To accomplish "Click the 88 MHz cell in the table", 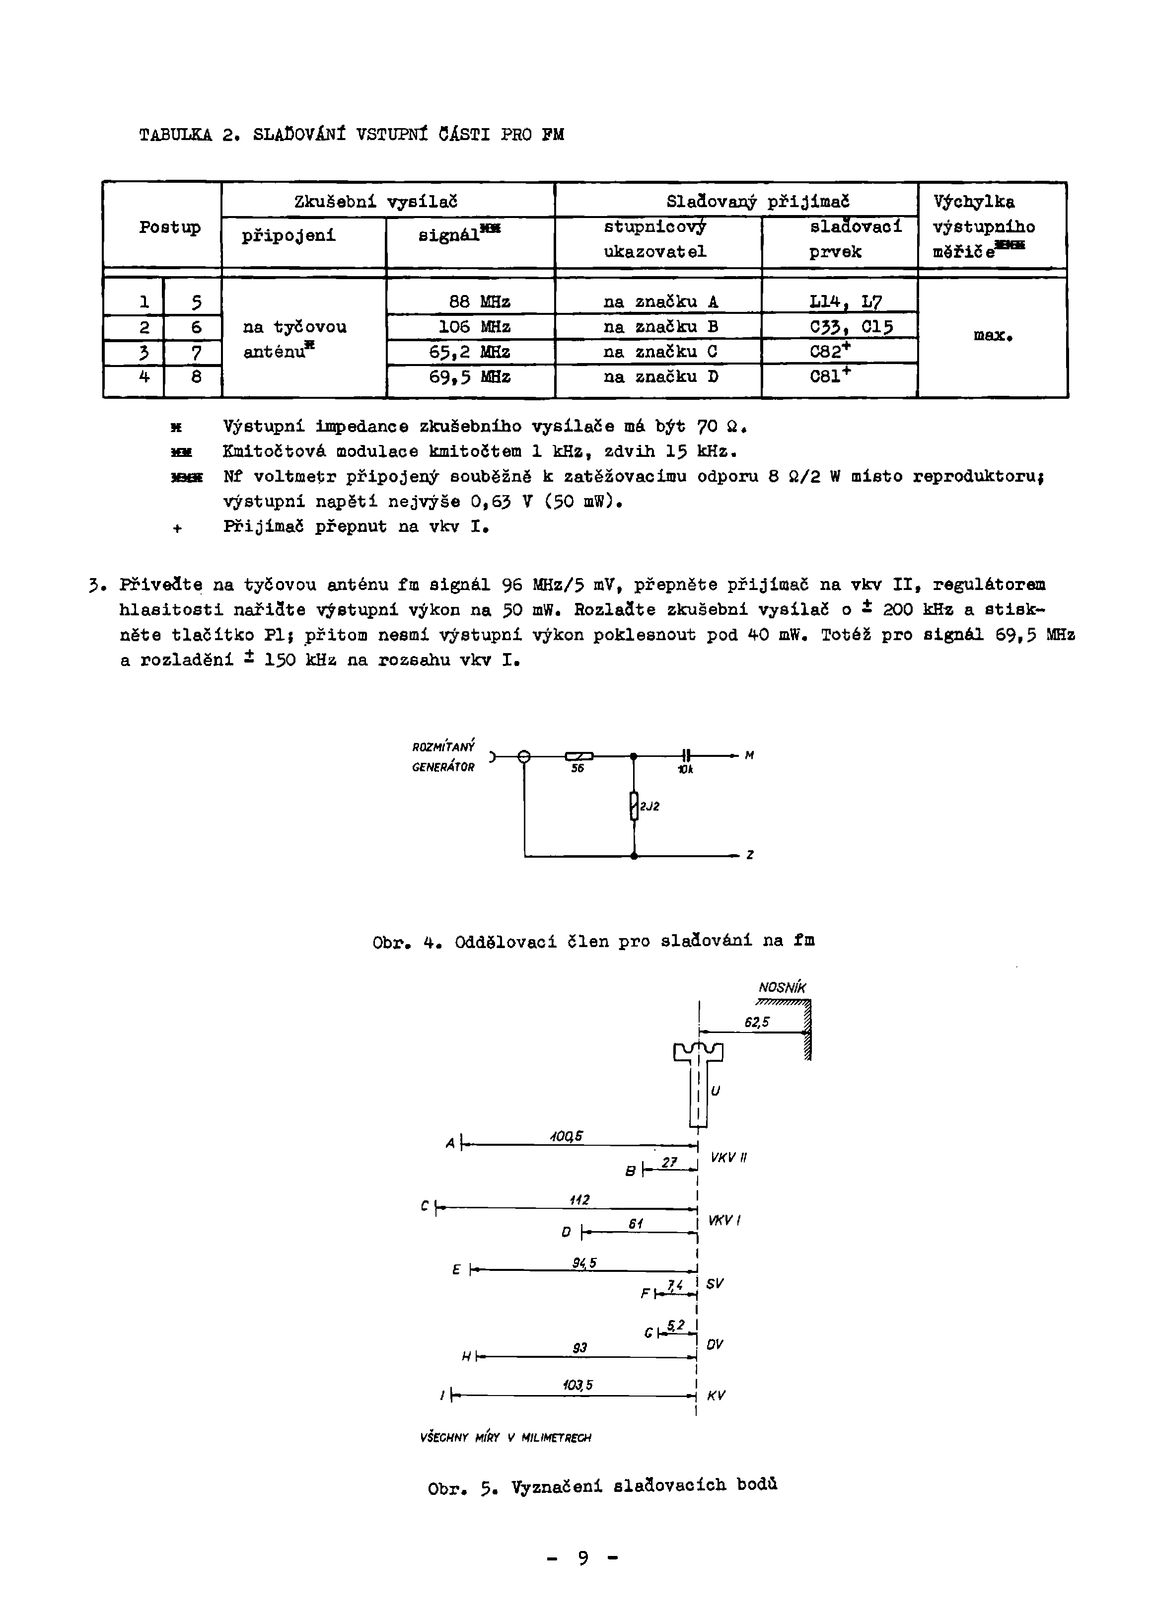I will [x=480, y=301].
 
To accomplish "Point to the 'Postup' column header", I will [x=169, y=227].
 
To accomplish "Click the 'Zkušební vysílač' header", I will [x=375, y=202].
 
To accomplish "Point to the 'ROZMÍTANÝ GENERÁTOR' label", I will [x=443, y=756].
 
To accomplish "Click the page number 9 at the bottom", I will [x=582, y=1558].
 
